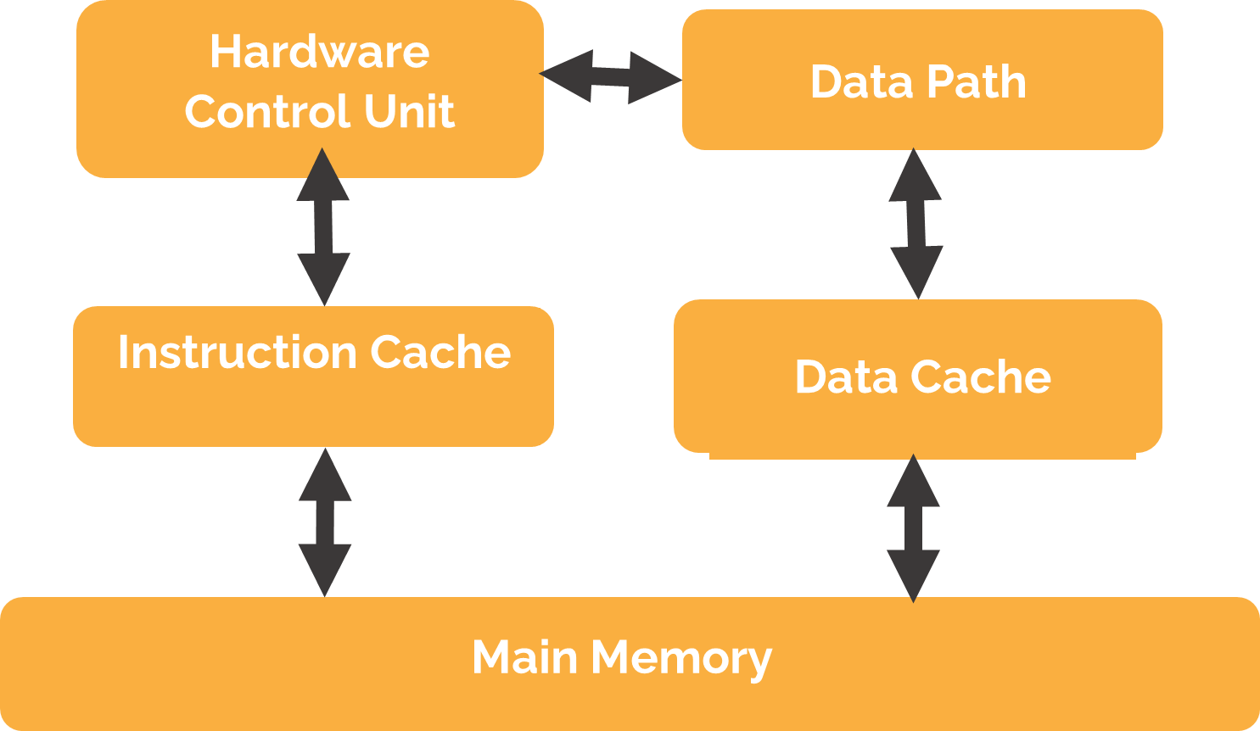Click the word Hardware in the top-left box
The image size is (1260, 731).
click(x=319, y=53)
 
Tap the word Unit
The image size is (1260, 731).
click(x=409, y=111)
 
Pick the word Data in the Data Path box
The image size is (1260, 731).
click(x=860, y=82)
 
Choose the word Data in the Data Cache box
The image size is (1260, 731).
click(x=845, y=377)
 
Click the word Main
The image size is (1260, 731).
click(x=524, y=657)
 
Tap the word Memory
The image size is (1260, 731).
click(x=681, y=659)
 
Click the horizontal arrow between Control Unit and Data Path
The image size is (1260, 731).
click(x=611, y=77)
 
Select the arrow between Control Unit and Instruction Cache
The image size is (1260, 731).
click(x=323, y=226)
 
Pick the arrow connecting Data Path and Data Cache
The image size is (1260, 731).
click(x=916, y=224)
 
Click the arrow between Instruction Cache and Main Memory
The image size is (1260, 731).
click(x=325, y=522)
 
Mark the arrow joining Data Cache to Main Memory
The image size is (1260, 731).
click(x=913, y=528)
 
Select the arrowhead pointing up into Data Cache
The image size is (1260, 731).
click(x=913, y=482)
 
